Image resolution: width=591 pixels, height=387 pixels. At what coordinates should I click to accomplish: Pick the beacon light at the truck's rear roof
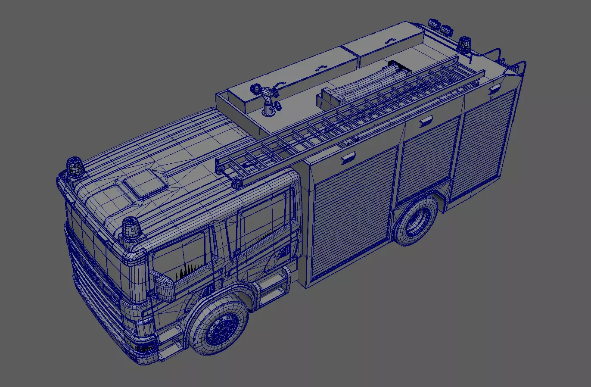[464, 44]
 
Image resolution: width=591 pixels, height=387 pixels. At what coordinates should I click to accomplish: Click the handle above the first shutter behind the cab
[348, 158]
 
